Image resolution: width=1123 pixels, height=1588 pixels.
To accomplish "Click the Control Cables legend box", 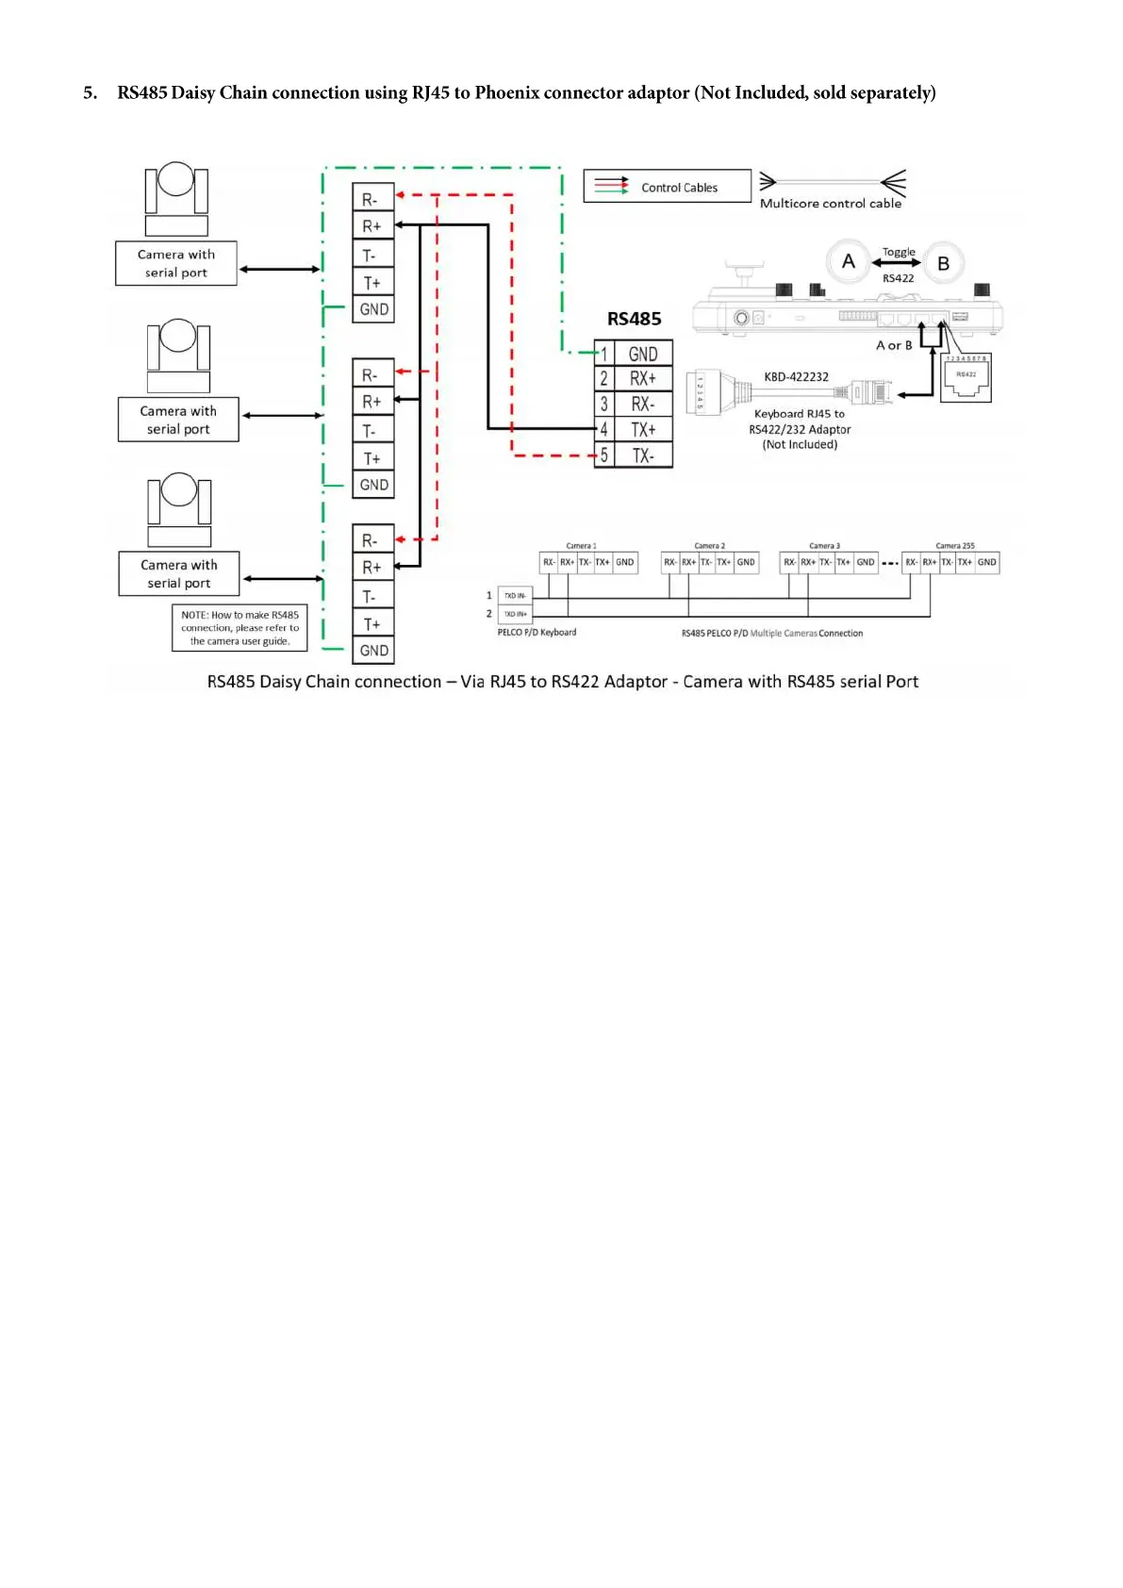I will (667, 187).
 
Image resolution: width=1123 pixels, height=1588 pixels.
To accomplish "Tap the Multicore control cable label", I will (830, 204).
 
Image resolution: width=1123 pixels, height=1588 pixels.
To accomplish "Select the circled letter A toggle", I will (849, 262).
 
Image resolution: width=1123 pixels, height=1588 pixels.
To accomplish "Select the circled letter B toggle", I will (943, 264).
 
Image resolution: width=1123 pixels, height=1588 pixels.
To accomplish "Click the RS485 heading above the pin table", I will (634, 319).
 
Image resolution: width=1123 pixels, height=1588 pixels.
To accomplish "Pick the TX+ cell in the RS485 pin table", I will (643, 430).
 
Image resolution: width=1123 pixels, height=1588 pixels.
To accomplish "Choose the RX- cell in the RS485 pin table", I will (643, 405).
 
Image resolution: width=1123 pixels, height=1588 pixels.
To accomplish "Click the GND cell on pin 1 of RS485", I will (643, 355).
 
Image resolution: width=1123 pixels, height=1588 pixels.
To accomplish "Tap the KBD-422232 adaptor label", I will (796, 377).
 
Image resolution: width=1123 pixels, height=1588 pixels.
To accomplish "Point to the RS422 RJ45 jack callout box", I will (966, 379).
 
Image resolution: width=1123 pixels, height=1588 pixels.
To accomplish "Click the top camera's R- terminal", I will (372, 200).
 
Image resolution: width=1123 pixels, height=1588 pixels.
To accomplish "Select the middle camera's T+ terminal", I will (372, 458).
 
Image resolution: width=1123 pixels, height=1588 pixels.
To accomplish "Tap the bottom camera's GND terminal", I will (373, 651).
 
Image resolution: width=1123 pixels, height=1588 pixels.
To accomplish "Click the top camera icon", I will (176, 198).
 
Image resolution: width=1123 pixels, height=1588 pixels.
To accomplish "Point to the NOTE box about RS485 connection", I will (239, 628).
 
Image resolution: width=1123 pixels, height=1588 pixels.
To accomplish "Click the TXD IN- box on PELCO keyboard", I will (515, 596).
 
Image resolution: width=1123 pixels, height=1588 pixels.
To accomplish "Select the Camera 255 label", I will (954, 546).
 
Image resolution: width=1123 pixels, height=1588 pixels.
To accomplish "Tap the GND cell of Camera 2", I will (746, 563).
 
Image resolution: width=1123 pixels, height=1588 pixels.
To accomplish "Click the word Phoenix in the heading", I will (506, 92).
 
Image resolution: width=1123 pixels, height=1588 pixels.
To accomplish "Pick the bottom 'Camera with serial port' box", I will (178, 573).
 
